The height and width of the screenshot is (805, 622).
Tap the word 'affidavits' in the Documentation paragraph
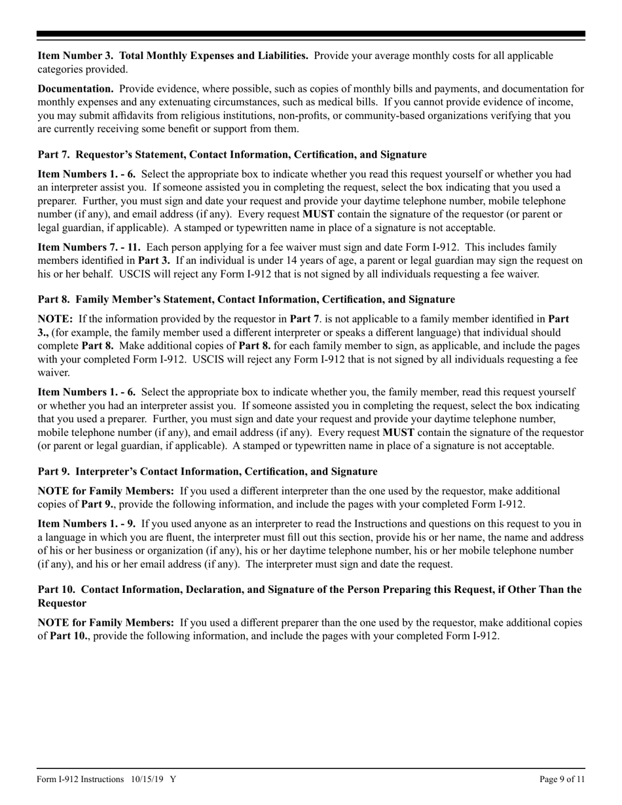pyautogui.click(x=204, y=115)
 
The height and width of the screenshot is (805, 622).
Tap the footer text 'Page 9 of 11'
pyautogui.click(x=561, y=779)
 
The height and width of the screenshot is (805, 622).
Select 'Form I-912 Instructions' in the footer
pyautogui.click(x=81, y=779)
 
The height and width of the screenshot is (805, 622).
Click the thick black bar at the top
pyautogui.click(x=311, y=34)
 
